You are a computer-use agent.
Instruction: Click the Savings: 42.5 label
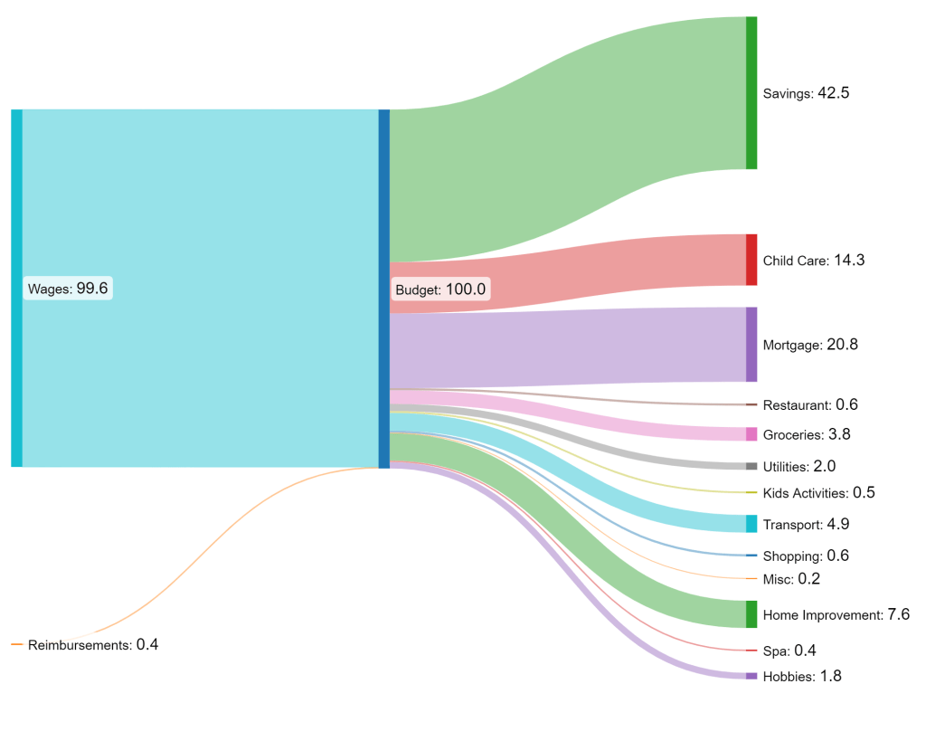pos(806,93)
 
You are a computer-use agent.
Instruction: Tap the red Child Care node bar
pos(751,260)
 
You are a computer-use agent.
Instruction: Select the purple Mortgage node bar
pos(751,344)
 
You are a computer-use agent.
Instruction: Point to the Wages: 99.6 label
pos(68,289)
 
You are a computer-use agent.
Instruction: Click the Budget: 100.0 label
pos(440,290)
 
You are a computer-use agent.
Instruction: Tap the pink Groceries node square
pos(751,434)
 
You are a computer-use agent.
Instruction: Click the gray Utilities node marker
pos(751,467)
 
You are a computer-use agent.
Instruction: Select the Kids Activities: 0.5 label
pos(818,493)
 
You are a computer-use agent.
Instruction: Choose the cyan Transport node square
pos(751,524)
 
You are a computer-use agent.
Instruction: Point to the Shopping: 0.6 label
pos(806,556)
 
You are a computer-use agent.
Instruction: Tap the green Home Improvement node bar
pos(751,614)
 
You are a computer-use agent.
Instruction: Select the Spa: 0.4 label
pos(789,651)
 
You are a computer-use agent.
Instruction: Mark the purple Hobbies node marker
pos(751,676)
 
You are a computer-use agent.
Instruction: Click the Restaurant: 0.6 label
pos(810,404)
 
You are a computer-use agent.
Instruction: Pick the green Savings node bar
pos(751,92)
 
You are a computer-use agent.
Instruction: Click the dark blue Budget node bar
pos(384,289)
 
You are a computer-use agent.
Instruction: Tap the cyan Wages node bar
pos(16,288)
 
